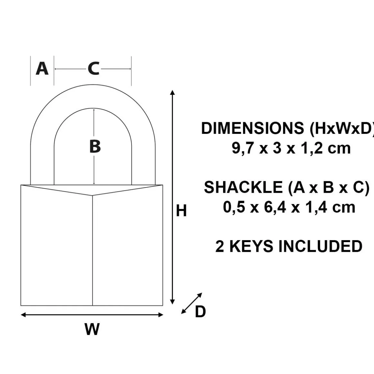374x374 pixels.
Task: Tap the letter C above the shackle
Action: (93, 69)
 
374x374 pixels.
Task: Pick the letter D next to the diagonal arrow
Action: (200, 311)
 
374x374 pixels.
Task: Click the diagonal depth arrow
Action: (192, 303)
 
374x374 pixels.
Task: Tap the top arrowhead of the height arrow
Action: (172, 93)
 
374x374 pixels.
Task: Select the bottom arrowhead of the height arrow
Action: (172, 302)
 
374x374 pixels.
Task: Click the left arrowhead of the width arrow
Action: (23, 315)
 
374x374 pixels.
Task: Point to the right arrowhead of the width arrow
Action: (161, 315)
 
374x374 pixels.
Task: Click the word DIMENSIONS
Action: (253, 128)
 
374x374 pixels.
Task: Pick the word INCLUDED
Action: (320, 246)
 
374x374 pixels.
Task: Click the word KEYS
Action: (251, 246)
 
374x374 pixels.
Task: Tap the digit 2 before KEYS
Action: (220, 246)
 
